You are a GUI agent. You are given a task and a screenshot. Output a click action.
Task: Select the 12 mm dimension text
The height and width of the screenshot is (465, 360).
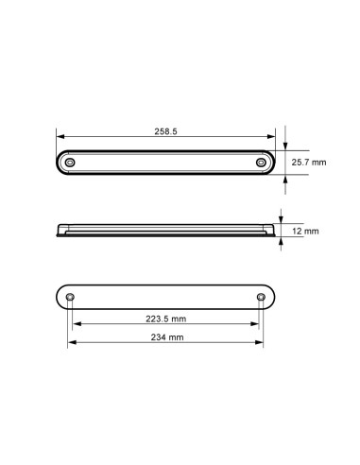point(306,231)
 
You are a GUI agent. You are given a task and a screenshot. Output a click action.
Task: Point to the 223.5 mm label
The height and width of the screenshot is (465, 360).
point(166,318)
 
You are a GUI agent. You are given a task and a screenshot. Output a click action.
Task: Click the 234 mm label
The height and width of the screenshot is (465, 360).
point(166,337)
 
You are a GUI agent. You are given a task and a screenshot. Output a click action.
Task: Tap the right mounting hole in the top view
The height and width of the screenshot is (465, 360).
point(261,164)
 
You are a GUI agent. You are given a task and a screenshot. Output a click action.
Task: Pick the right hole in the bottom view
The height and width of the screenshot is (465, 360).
point(261,298)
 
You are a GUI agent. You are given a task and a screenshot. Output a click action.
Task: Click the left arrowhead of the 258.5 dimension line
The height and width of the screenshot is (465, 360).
point(60,139)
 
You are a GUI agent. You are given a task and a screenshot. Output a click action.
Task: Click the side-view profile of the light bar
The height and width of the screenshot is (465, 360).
point(166,231)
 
